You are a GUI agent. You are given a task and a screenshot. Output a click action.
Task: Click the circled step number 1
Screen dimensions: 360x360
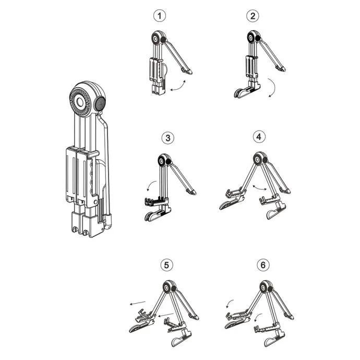point(159,16)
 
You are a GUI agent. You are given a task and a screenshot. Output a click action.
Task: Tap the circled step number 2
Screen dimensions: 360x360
point(253,16)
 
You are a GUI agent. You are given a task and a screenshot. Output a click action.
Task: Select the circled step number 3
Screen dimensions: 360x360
point(168,138)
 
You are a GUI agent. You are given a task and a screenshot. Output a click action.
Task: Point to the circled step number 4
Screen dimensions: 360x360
point(259,137)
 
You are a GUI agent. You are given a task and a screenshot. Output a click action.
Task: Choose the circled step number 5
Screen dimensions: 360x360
point(166,265)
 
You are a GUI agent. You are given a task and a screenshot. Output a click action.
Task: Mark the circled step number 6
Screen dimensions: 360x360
point(263,265)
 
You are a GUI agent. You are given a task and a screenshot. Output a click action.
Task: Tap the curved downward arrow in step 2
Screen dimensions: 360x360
point(273,88)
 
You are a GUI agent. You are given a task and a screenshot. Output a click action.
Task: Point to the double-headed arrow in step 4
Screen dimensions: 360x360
point(260,187)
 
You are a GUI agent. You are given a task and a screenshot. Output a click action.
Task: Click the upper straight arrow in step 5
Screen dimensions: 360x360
point(138,303)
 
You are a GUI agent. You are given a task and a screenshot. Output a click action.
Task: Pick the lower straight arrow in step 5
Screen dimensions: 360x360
point(165,315)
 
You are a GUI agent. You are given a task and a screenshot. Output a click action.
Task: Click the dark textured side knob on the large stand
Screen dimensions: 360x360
point(100,103)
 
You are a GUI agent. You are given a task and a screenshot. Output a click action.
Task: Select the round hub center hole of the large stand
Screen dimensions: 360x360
point(80,102)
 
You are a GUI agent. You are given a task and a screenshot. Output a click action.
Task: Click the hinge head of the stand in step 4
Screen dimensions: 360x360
point(260,159)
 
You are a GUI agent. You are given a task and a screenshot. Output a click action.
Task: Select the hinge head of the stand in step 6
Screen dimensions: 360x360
point(266,287)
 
